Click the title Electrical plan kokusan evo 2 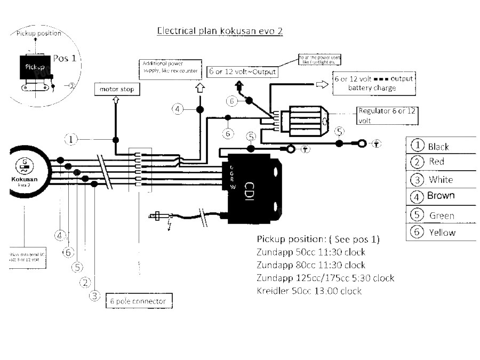tap(219, 31)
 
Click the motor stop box tap(117, 89)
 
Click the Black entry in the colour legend tap(438, 146)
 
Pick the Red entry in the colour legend tap(436, 161)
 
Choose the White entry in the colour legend tap(441, 179)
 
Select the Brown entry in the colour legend tap(441, 196)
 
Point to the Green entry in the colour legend tap(442, 215)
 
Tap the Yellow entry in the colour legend tap(442, 232)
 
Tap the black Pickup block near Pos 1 tap(36, 68)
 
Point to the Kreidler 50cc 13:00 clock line tap(309, 291)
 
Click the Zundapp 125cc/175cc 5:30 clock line tap(325, 278)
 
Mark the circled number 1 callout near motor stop tap(71, 140)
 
